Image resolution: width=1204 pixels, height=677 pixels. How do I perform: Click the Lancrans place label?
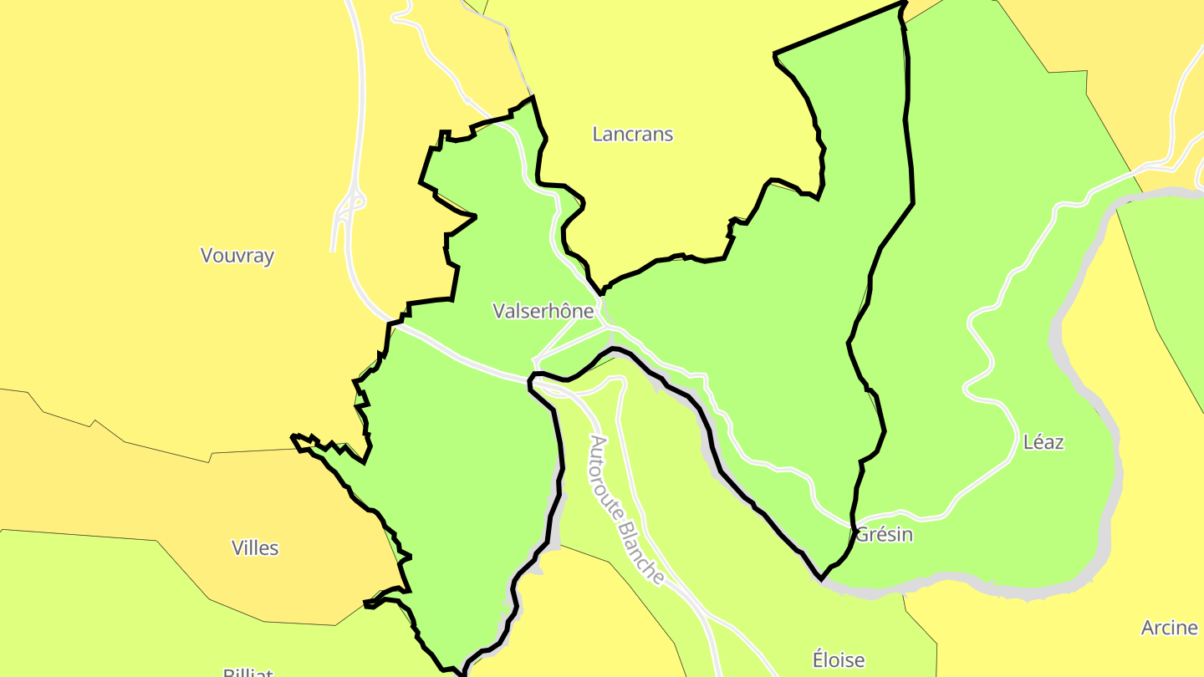point(632,134)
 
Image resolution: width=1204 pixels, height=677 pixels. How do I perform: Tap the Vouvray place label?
point(237,256)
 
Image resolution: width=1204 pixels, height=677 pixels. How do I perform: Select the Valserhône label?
point(543,312)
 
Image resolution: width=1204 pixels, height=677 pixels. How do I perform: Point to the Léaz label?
point(1043,442)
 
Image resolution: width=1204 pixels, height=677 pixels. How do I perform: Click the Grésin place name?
point(884,535)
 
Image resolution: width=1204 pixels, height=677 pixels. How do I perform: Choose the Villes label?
point(255,548)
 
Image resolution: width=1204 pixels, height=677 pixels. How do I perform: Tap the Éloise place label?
point(839,659)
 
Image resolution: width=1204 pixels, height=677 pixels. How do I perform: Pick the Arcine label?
point(1169,628)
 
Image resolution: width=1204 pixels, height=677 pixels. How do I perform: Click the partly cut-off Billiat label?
point(247,671)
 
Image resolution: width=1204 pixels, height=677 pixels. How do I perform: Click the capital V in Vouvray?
point(207,256)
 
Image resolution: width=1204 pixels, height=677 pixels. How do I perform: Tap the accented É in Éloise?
point(819,659)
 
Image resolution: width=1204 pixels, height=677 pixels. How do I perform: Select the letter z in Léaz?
point(1059,442)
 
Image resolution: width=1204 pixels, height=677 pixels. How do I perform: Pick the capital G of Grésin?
point(861,535)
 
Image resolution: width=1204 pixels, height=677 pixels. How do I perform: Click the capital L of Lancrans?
point(597,134)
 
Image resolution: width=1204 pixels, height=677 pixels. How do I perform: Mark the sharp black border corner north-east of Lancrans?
point(774,55)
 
